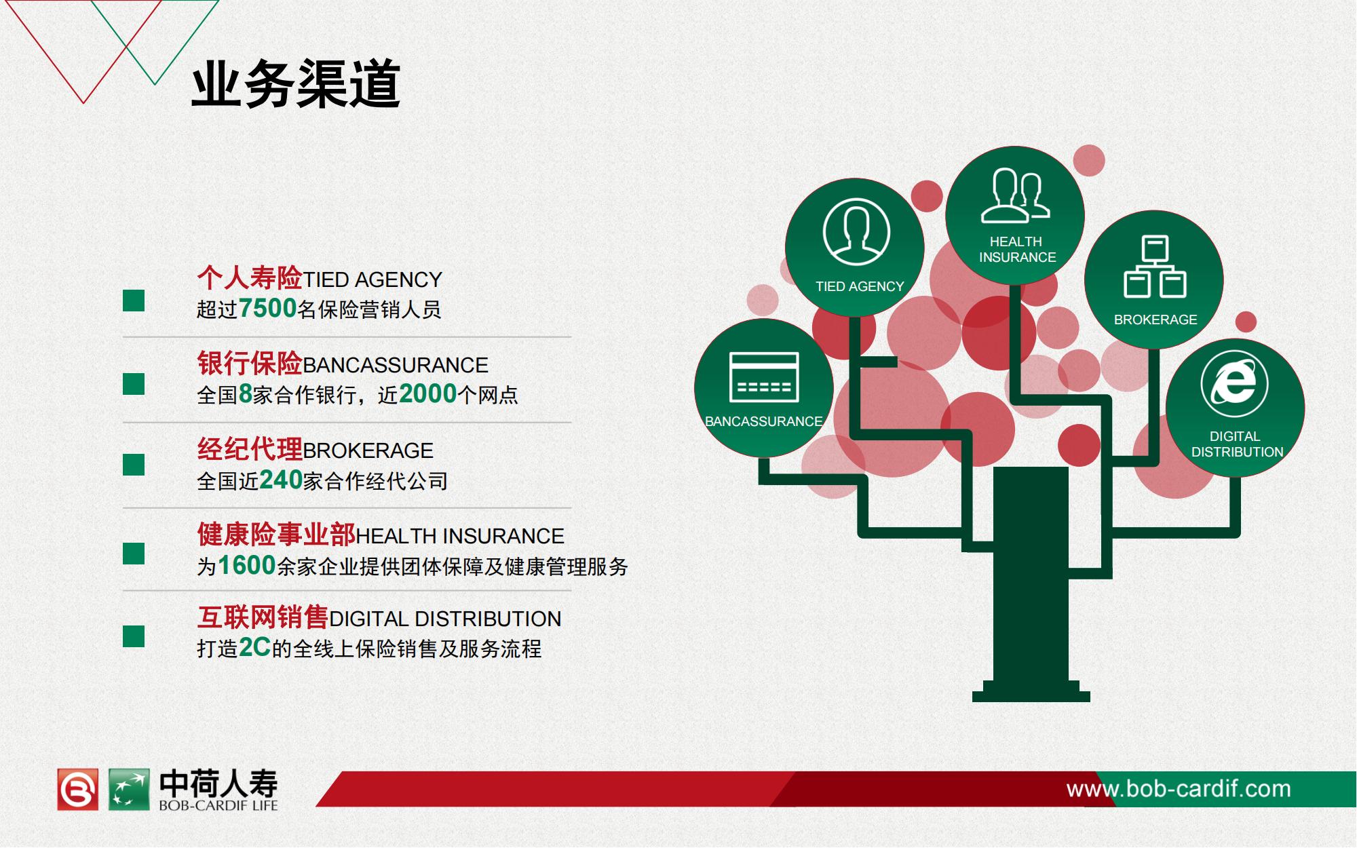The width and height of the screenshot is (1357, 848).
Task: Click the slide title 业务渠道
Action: tap(296, 84)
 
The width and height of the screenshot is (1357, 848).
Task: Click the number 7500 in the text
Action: tap(267, 309)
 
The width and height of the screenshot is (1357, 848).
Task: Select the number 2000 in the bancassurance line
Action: tap(428, 394)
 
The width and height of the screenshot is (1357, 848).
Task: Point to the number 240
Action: tap(281, 480)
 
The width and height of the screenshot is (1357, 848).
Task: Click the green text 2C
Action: tap(255, 648)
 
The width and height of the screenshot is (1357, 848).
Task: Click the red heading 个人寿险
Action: tap(250, 277)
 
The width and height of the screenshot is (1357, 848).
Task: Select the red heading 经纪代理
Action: tap(250, 448)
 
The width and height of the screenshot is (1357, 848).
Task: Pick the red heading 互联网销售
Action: tap(263, 617)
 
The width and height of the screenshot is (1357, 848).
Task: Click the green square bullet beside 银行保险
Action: tap(134, 384)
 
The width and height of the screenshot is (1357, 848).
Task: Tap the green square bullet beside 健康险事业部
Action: tap(134, 554)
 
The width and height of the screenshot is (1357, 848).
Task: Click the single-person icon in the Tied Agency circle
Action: tap(856, 232)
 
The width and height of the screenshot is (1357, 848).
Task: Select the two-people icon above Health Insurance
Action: tap(1016, 195)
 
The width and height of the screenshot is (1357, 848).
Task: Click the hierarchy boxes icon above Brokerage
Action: tap(1155, 266)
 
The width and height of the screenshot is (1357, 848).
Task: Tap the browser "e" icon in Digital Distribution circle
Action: tap(1234, 384)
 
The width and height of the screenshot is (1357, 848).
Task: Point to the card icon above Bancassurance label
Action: tap(764, 377)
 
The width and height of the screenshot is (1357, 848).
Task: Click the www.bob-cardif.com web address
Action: tap(1179, 789)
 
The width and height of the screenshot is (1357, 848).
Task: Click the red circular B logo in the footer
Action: tap(77, 790)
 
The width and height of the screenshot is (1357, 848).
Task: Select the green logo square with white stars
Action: tap(129, 790)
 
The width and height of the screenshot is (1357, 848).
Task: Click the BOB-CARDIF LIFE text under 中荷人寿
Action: tap(218, 806)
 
